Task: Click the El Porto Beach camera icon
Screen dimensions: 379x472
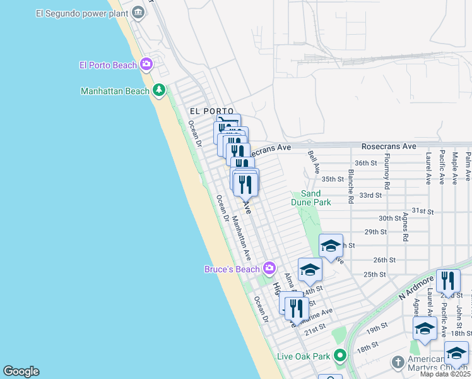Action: pos(147,64)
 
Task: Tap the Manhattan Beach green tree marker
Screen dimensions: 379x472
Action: pos(159,91)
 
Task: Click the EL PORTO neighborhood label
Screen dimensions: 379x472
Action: pos(212,111)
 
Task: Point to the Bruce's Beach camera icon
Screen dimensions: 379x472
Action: pos(269,268)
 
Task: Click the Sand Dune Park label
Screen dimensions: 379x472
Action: pos(311,198)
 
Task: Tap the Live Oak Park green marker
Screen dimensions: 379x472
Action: pos(340,356)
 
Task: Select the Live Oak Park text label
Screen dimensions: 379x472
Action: pos(304,356)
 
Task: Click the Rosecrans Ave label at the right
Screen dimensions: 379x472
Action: pos(389,146)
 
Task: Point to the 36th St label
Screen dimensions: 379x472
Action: pos(365,162)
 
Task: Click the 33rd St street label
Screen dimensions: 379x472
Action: pos(371,195)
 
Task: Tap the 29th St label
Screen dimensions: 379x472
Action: pos(375,232)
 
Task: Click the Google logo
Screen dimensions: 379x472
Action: pos(21,371)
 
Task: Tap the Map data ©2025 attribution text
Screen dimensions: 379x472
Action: pos(445,374)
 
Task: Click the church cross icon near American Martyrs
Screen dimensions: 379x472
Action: pos(398,363)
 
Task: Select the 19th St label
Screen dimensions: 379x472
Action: pos(377,328)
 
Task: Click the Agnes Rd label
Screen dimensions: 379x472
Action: pos(405,228)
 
